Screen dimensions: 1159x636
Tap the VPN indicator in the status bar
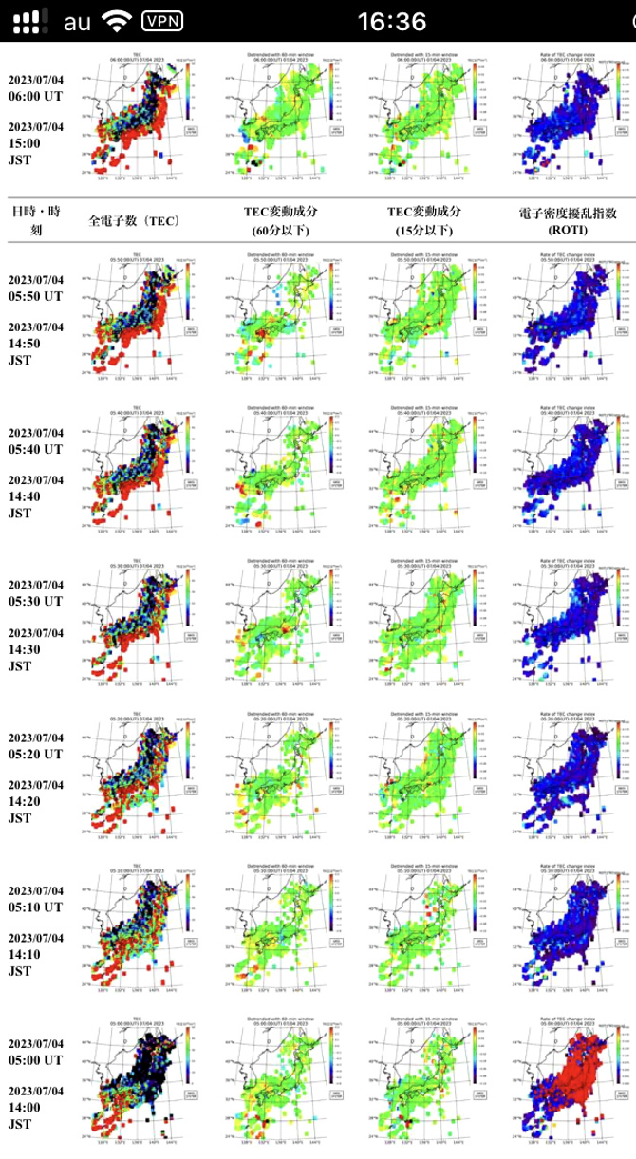pyautogui.click(x=162, y=20)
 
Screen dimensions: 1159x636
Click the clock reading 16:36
pyautogui.click(x=390, y=20)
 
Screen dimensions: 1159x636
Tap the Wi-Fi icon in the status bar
pyautogui.click(x=118, y=20)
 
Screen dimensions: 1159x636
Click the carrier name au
pyautogui.click(x=77, y=20)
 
